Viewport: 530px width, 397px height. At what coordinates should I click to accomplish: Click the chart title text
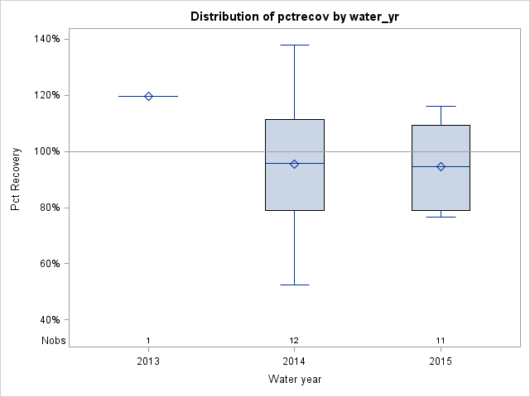click(294, 17)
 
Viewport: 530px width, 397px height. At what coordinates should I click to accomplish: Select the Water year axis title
click(294, 380)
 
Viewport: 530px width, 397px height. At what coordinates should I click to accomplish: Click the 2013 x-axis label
click(148, 361)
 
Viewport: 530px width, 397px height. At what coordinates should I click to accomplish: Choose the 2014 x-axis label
click(294, 361)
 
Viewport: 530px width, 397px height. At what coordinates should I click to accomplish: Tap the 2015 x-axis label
click(441, 361)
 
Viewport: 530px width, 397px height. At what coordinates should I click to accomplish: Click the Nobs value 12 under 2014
click(294, 341)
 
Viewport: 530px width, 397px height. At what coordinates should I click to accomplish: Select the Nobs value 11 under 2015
click(441, 341)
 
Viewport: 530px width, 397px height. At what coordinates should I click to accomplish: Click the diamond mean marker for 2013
click(148, 96)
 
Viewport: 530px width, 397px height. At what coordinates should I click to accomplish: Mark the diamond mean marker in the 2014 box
click(294, 164)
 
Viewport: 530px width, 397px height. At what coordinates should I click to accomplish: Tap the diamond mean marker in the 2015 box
click(441, 166)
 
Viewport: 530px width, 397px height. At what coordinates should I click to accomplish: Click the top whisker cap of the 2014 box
click(294, 45)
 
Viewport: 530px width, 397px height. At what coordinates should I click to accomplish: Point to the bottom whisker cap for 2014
click(294, 285)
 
